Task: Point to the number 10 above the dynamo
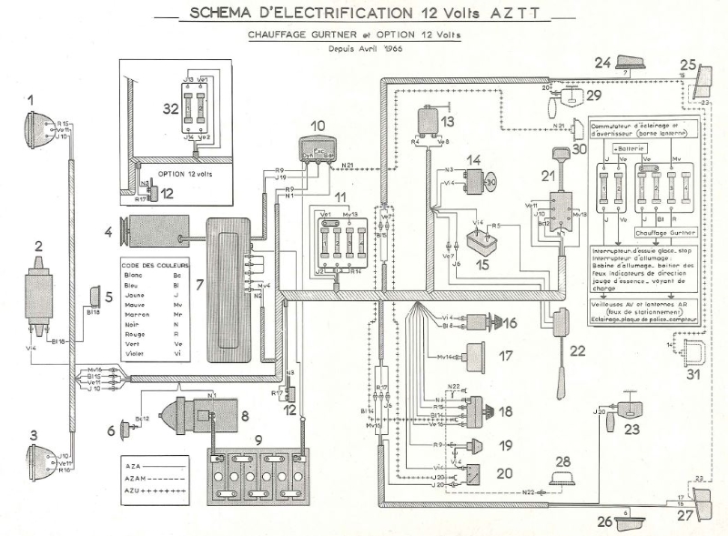click(316, 126)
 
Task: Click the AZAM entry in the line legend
click(132, 477)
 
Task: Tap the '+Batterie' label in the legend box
click(626, 147)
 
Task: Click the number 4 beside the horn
click(108, 233)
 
